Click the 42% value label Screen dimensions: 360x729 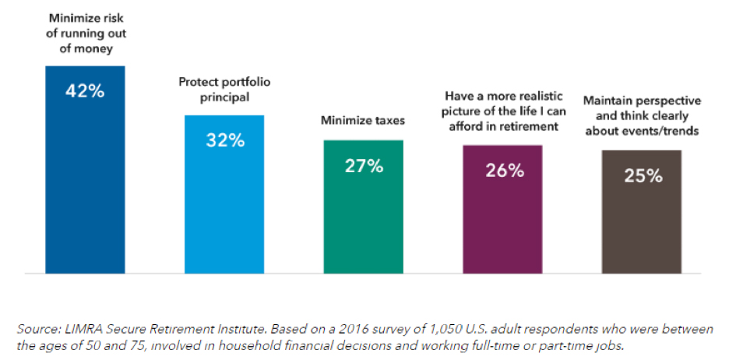click(x=85, y=90)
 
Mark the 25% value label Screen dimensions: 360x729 click(x=643, y=175)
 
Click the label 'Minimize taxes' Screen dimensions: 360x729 click(x=364, y=121)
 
